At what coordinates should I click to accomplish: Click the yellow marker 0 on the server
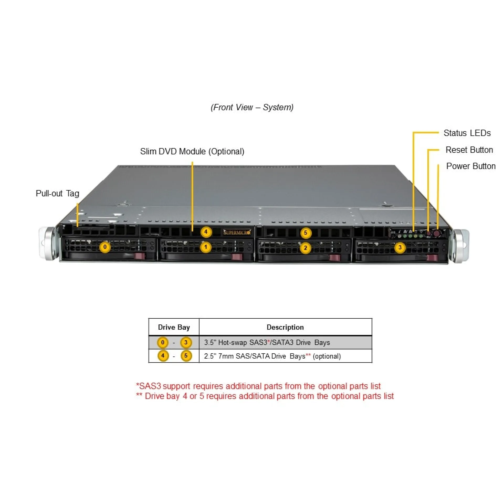point(105,247)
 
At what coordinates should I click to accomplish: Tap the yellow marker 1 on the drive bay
point(206,247)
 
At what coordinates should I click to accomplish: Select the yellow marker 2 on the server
point(305,248)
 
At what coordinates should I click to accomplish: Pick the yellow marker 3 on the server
point(400,247)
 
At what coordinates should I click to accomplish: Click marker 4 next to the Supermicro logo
point(206,232)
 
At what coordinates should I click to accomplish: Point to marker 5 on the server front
point(305,233)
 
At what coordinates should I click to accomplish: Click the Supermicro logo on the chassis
point(237,232)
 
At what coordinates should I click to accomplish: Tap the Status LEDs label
point(467,133)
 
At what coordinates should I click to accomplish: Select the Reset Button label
point(469,150)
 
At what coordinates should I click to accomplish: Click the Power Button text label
point(471,166)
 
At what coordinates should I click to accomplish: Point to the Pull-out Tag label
point(57,193)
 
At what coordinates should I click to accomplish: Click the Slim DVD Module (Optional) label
point(192,151)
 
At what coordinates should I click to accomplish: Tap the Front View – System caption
point(252,107)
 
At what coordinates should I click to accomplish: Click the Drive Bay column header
point(174,327)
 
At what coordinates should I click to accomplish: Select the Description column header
point(285,327)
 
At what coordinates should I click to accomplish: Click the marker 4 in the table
point(163,356)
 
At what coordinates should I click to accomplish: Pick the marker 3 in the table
point(186,342)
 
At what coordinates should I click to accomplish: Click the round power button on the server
point(437,233)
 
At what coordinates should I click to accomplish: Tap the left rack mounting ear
point(47,244)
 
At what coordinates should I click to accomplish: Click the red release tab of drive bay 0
point(140,256)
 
